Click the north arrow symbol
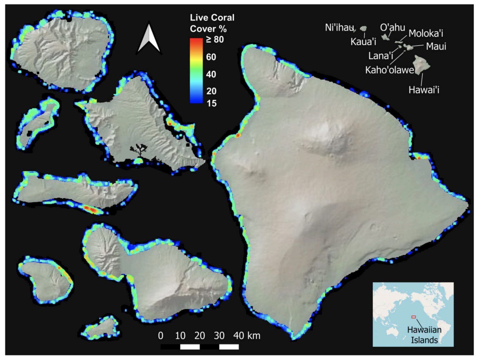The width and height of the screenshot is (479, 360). (149, 38)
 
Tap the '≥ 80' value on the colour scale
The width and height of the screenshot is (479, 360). (215, 40)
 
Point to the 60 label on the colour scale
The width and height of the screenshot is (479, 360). (211, 57)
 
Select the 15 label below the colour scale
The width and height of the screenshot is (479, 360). (211, 103)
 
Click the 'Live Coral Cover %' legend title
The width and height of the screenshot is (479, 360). (212, 23)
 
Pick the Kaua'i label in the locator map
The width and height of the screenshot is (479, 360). (363, 42)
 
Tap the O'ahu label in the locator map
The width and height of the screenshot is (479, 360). (392, 27)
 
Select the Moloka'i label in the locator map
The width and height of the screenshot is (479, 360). (426, 33)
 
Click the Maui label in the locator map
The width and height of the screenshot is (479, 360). (436, 46)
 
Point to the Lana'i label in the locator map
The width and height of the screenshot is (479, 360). (381, 56)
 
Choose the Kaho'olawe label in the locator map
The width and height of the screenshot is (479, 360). (390, 70)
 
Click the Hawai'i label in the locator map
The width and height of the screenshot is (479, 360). (424, 90)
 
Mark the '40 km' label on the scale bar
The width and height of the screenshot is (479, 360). (247, 335)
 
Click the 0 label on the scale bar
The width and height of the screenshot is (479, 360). (161, 335)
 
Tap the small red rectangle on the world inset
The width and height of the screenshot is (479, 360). (414, 317)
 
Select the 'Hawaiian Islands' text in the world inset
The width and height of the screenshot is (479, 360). (424, 335)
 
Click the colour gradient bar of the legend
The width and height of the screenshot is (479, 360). (196, 71)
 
